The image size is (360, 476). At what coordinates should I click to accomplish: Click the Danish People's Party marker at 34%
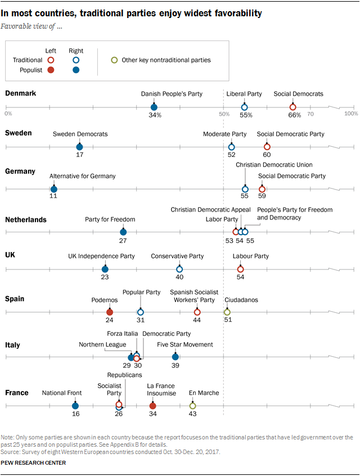tap(154, 107)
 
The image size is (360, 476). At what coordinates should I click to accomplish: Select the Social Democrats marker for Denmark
tap(292, 107)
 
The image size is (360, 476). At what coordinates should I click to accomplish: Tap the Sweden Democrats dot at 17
tap(80, 147)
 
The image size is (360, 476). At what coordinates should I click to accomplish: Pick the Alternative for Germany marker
tap(54, 189)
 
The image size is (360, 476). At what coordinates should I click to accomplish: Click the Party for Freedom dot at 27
tap(123, 231)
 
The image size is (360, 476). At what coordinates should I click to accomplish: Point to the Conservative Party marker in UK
tap(179, 270)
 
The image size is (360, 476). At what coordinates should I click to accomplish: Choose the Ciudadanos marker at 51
tap(227, 312)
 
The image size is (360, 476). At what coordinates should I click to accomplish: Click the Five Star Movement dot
tap(175, 357)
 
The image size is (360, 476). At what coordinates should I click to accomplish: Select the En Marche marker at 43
tap(193, 405)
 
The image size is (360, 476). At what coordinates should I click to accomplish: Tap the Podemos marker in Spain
tap(110, 312)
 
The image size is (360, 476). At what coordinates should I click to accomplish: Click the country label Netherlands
tap(25, 220)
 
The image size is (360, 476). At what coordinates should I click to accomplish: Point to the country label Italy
tap(13, 344)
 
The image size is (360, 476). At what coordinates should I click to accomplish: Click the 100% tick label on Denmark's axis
tap(351, 114)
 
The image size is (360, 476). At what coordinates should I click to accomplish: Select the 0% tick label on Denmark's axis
tap(8, 114)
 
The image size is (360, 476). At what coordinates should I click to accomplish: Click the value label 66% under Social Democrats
tap(294, 115)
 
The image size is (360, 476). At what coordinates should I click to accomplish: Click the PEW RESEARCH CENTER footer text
tap(34, 463)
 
